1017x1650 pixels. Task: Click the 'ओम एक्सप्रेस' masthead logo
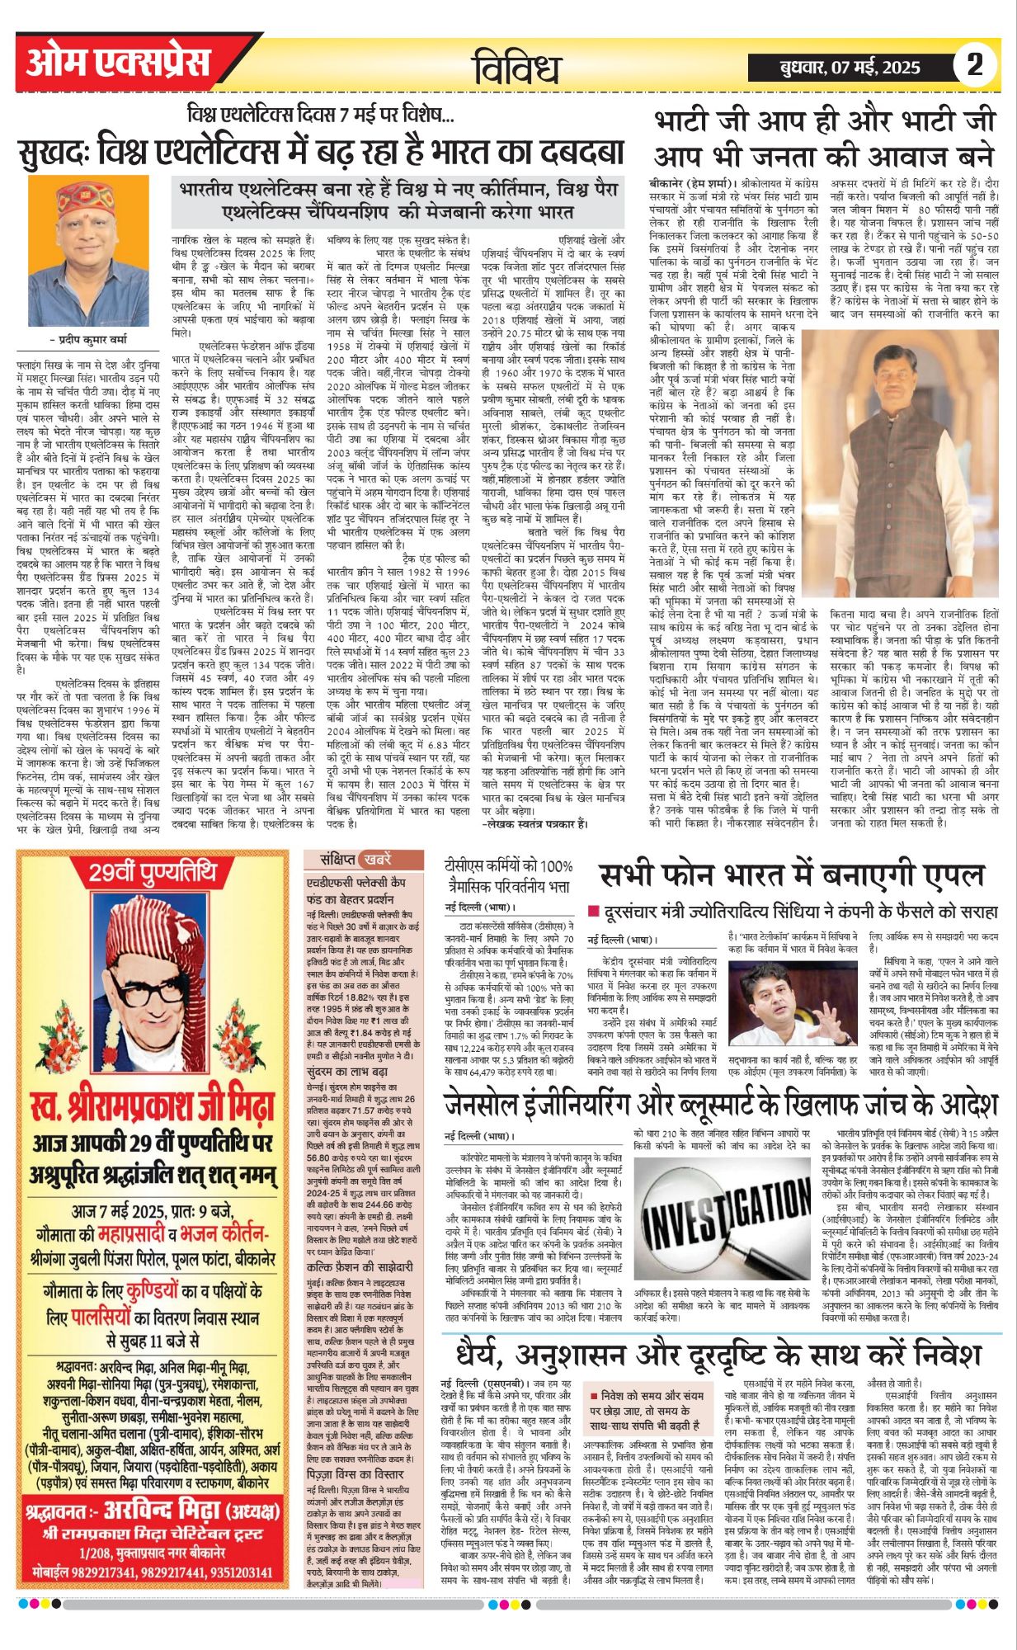point(118,64)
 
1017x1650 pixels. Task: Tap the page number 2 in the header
point(974,64)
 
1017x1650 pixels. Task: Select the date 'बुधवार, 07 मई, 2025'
point(849,68)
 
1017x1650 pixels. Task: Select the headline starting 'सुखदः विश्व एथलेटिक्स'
point(322,153)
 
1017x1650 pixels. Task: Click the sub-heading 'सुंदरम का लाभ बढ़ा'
point(346,1072)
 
